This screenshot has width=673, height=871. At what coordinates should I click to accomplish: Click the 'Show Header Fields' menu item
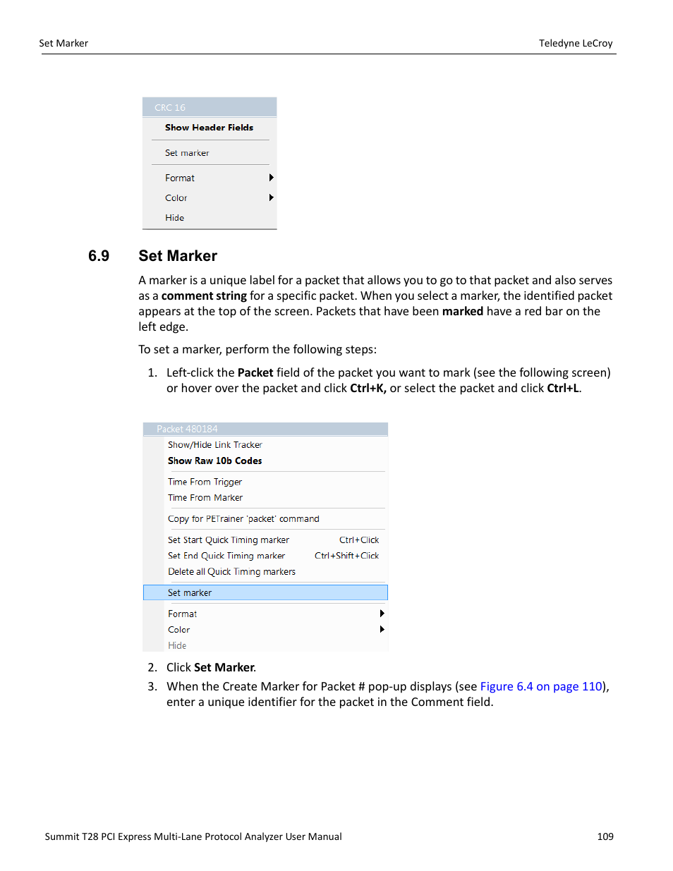pyautogui.click(x=209, y=128)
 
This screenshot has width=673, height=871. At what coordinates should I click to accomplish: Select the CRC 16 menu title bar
pyautogui.click(x=209, y=107)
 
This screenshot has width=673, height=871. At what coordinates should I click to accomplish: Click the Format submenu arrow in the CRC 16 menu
pyautogui.click(x=271, y=178)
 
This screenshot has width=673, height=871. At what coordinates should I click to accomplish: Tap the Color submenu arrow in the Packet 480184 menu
pyautogui.click(x=382, y=629)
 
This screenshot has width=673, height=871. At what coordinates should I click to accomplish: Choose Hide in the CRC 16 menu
pyautogui.click(x=174, y=218)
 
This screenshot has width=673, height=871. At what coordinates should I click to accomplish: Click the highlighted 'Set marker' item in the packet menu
pyautogui.click(x=265, y=592)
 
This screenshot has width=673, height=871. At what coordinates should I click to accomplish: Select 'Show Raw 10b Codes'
pyautogui.click(x=214, y=461)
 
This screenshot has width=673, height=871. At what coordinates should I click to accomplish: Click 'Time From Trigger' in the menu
pyautogui.click(x=205, y=482)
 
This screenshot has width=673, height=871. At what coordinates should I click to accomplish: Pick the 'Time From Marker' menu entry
pyautogui.click(x=205, y=498)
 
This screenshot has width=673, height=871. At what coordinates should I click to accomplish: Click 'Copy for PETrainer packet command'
pyautogui.click(x=243, y=519)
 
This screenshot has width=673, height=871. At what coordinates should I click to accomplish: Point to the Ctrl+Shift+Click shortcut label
pyautogui.click(x=346, y=556)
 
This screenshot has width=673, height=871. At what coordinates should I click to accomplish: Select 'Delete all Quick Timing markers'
pyautogui.click(x=231, y=572)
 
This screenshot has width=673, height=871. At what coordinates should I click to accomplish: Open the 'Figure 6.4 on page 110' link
pyautogui.click(x=541, y=686)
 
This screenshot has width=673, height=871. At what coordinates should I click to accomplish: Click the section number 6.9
pyautogui.click(x=99, y=256)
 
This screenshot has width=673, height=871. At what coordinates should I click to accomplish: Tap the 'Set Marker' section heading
pyautogui.click(x=178, y=256)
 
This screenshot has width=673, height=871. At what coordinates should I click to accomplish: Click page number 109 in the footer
pyautogui.click(x=605, y=836)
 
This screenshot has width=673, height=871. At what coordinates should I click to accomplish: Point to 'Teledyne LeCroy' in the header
pyautogui.click(x=576, y=43)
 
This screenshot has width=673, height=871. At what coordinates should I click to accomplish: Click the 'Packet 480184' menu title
pyautogui.click(x=187, y=429)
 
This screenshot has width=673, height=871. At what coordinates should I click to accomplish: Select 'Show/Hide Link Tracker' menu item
pyautogui.click(x=214, y=445)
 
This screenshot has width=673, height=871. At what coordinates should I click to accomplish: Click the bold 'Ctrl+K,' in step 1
pyautogui.click(x=368, y=388)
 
